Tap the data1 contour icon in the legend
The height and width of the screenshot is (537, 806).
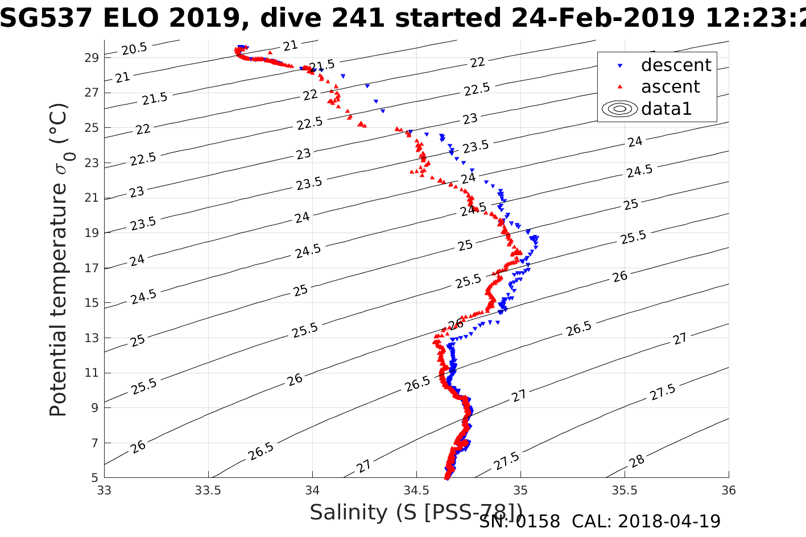coord(619,109)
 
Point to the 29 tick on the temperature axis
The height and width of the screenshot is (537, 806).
coord(92,57)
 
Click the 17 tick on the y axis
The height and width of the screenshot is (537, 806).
coord(92,268)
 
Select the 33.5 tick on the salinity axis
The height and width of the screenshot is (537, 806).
coord(208,490)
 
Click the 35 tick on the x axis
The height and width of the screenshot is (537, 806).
coord(520,490)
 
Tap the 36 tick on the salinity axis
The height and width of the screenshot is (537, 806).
coord(729,490)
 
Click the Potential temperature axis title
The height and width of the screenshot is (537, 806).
coord(58,260)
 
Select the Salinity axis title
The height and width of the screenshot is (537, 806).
coord(415,512)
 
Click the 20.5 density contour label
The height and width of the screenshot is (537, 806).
coord(134,49)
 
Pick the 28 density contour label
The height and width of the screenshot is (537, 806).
coord(637,460)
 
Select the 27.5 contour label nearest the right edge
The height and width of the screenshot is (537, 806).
coord(663,392)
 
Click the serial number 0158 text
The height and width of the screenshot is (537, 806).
coord(538,522)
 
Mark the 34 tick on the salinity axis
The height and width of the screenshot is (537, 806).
coord(312,490)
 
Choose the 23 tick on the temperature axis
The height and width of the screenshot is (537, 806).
coord(92,163)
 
